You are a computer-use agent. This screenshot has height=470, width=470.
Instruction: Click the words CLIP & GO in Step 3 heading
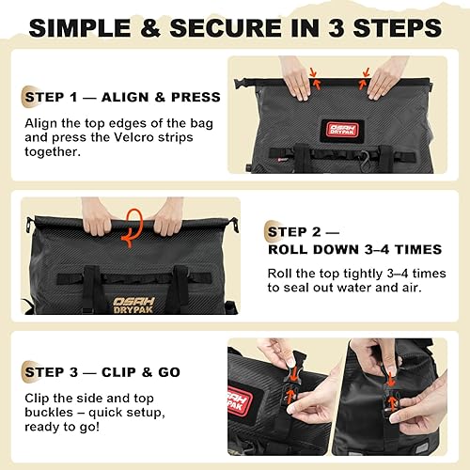pyautogui.click(x=142, y=371)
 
